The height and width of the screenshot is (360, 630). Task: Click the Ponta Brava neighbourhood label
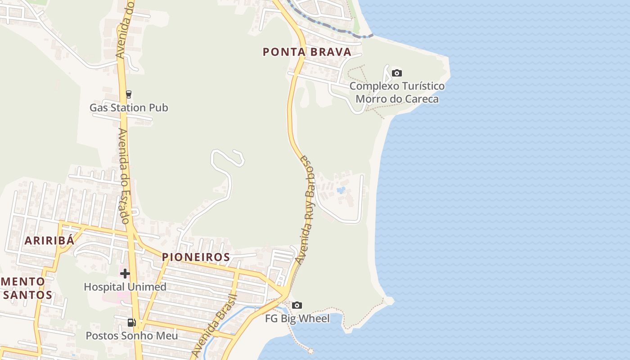tap(307, 52)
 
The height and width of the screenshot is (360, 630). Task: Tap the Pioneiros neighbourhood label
tap(196, 257)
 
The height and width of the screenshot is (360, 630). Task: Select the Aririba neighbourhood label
tap(49, 240)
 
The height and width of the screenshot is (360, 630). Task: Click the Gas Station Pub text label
tap(129, 108)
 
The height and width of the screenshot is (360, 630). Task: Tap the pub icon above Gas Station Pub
tap(129, 94)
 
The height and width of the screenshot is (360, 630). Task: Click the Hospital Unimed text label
tap(125, 287)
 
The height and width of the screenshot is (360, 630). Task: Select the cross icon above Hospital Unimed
tap(125, 273)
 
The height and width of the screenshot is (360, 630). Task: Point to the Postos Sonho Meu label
tap(132, 336)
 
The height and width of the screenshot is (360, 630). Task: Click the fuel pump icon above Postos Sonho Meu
tap(131, 322)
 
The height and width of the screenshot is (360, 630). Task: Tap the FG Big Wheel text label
tap(297, 319)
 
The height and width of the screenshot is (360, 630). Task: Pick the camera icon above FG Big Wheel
tap(297, 306)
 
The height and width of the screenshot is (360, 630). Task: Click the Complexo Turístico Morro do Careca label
tap(397, 92)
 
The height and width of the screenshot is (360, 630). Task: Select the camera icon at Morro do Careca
tap(396, 73)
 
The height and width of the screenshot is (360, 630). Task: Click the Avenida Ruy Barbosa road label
tap(306, 209)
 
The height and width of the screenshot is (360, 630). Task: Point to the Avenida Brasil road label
tap(214, 325)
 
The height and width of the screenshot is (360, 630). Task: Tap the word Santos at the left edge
tap(28, 295)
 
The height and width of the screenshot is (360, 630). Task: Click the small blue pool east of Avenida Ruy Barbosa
tap(341, 190)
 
